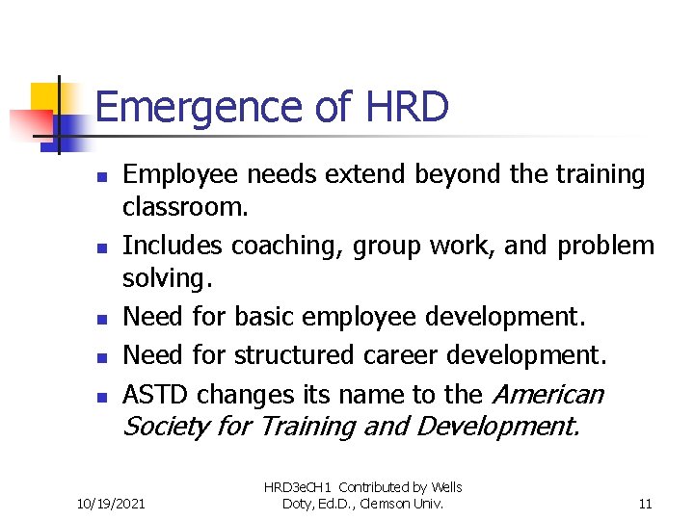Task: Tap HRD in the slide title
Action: click(408, 107)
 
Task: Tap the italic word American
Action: click(547, 394)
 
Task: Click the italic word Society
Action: click(166, 426)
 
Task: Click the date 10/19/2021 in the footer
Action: click(111, 503)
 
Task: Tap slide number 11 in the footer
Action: click(645, 503)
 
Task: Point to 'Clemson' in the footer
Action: click(397, 503)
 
